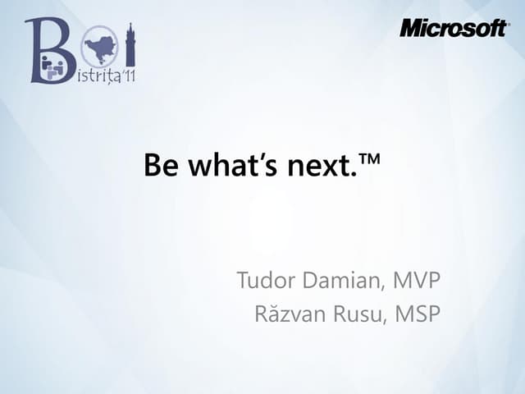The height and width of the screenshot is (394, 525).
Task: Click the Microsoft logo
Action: (454, 28)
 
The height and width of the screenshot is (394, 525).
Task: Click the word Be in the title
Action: (161, 167)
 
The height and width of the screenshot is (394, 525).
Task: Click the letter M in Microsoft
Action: (411, 28)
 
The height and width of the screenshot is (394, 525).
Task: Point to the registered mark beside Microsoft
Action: (509, 24)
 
